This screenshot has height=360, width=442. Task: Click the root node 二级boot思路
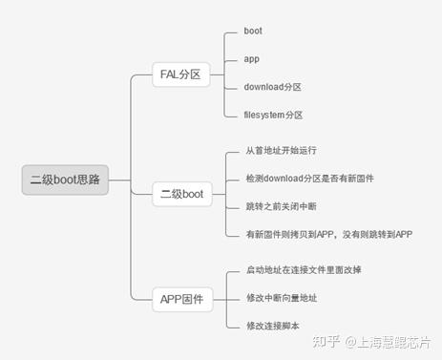coord(65,179)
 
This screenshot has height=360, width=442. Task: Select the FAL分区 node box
coord(181,74)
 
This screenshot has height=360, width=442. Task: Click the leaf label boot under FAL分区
coord(253,32)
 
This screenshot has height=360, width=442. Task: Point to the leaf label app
coord(251,59)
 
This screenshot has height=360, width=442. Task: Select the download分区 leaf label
coord(272,87)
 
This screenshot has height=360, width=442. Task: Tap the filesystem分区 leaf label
coord(274,115)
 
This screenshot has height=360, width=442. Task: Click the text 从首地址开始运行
coord(282,152)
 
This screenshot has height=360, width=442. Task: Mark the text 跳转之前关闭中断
coord(282,206)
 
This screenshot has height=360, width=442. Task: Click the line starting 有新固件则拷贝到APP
coord(328,233)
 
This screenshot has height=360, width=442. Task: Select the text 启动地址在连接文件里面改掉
coord(304,270)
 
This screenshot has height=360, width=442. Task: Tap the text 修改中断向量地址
coord(282,298)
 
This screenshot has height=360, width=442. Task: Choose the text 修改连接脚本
coord(272,326)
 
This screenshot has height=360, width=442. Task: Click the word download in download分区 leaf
coord(264,87)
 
